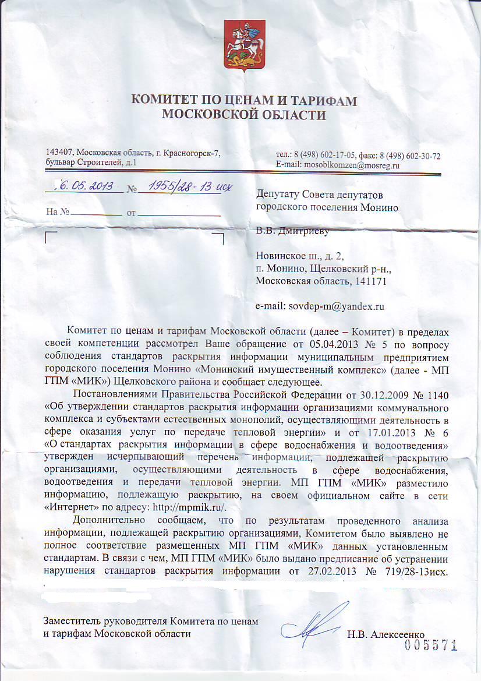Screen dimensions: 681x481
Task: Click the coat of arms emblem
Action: [x=240, y=45]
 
